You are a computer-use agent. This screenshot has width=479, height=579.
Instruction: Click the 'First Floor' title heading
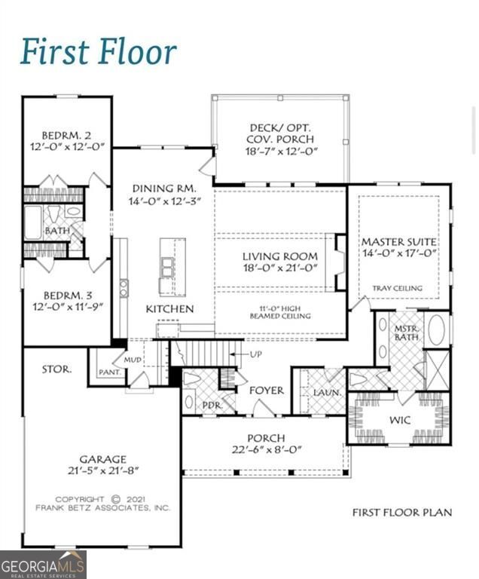(x=99, y=51)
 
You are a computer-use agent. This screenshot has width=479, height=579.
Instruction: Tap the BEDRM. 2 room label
(x=66, y=135)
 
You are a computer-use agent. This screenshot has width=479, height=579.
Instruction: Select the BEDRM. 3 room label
(x=68, y=296)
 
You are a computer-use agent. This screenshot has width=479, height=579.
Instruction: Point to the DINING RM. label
(x=164, y=188)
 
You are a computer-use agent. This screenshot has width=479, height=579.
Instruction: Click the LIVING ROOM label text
(x=280, y=256)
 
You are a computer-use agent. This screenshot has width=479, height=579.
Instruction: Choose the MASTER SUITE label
(x=399, y=242)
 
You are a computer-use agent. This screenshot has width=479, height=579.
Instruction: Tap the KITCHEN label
(x=169, y=308)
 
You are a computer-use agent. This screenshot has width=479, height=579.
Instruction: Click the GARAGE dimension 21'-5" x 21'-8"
(x=103, y=470)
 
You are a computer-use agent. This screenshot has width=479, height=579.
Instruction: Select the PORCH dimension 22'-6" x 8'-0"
(x=267, y=450)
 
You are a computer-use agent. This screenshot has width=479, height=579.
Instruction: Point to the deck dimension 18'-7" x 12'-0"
(x=282, y=151)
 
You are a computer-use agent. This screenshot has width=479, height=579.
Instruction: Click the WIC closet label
(x=400, y=420)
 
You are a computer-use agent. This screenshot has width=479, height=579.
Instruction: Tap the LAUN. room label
(x=327, y=393)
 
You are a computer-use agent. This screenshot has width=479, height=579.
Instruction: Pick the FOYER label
(x=267, y=391)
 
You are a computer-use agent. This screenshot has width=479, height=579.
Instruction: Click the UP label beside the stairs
(x=256, y=354)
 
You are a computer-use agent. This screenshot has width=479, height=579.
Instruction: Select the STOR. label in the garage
(x=56, y=369)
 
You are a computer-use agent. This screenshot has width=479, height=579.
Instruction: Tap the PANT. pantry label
(x=110, y=372)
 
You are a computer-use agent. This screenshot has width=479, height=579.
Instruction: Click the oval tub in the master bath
(x=437, y=329)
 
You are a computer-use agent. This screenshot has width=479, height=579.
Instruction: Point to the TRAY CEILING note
(x=397, y=288)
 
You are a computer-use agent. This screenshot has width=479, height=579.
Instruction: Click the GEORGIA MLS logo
(x=43, y=565)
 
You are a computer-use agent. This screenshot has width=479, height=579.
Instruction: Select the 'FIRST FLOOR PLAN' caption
(x=402, y=513)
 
